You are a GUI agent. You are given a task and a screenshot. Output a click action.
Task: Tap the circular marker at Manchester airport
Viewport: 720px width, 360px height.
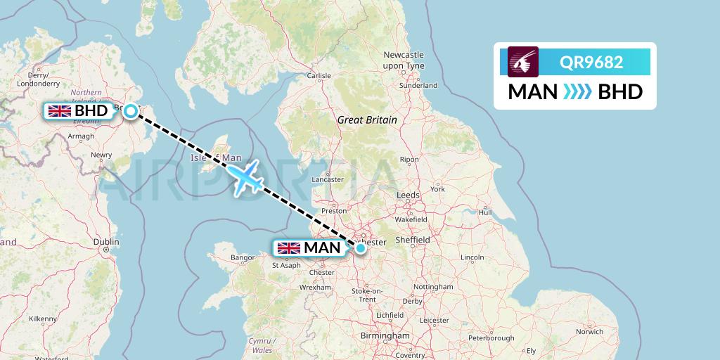coord(361,247)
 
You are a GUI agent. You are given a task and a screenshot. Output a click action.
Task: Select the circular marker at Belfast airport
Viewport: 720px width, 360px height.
coord(131,110)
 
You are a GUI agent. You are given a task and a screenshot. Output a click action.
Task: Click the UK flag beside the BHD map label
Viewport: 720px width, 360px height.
coord(59,110)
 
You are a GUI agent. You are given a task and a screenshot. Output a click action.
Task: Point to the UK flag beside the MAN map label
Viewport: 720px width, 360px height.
coord(288,247)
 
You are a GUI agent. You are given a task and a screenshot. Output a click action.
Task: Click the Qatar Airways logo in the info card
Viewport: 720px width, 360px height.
coord(523,61)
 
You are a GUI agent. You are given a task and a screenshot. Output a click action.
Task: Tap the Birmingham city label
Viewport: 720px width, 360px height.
coord(384,336)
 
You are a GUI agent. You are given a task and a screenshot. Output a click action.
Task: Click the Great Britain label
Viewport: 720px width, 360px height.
coord(367,120)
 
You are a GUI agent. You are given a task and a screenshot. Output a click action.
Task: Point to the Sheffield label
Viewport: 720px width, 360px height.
coord(413,240)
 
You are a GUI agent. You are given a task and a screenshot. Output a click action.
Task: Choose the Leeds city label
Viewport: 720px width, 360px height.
coord(408,195)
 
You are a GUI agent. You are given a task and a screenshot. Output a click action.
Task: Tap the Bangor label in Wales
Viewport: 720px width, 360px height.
coord(243,258)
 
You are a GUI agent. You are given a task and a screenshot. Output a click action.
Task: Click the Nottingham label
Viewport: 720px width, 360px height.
coord(433,287)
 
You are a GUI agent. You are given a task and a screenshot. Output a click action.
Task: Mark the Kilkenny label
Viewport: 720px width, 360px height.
coord(43,319)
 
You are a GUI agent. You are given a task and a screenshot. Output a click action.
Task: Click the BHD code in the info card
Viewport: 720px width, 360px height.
coord(620,91)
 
